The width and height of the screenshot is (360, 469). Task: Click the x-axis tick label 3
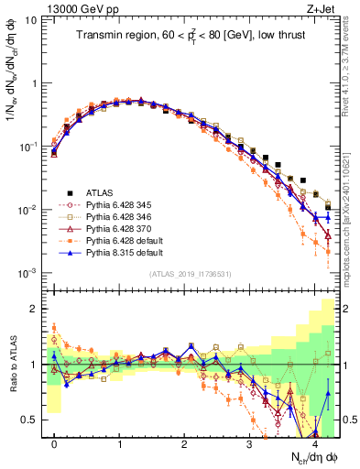coord(250,443)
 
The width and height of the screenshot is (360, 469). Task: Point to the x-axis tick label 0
coord(54,443)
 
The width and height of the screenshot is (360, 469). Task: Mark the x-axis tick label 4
coord(315,443)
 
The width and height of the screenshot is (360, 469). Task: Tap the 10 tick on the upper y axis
coord(32,19)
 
